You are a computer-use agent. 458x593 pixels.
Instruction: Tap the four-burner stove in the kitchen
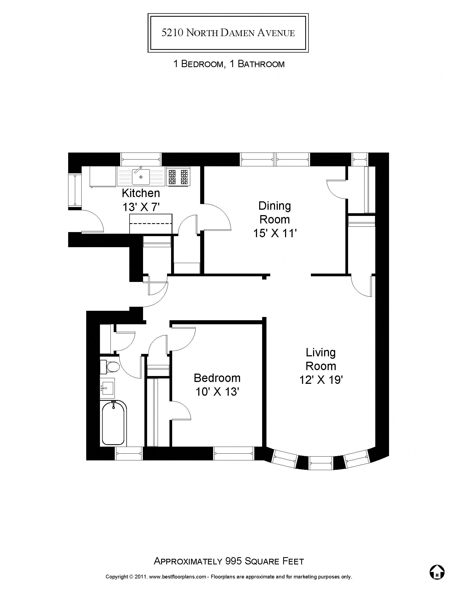click(x=178, y=177)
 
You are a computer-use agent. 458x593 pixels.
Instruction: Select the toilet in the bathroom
click(x=111, y=367)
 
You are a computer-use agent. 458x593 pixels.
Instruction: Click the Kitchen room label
click(x=141, y=193)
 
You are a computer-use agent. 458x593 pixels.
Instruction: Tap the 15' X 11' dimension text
click(x=274, y=233)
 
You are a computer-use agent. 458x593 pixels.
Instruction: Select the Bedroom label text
click(x=217, y=378)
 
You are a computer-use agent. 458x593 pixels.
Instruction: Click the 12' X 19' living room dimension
click(x=321, y=380)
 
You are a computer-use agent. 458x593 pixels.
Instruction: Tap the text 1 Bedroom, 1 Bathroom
click(x=229, y=64)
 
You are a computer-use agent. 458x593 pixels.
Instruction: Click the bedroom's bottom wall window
click(x=233, y=453)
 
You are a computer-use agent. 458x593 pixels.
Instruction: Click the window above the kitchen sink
click(x=141, y=159)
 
